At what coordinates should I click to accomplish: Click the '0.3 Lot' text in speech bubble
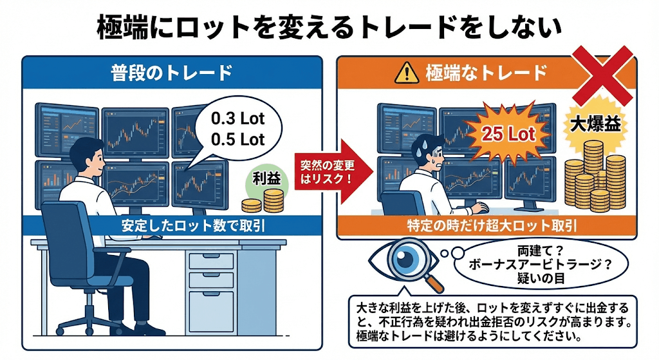click(x=237, y=120)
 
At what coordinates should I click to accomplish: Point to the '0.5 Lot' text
click(x=237, y=140)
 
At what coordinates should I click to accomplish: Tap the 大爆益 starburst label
click(x=594, y=124)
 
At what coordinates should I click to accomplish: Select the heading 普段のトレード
click(x=171, y=73)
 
